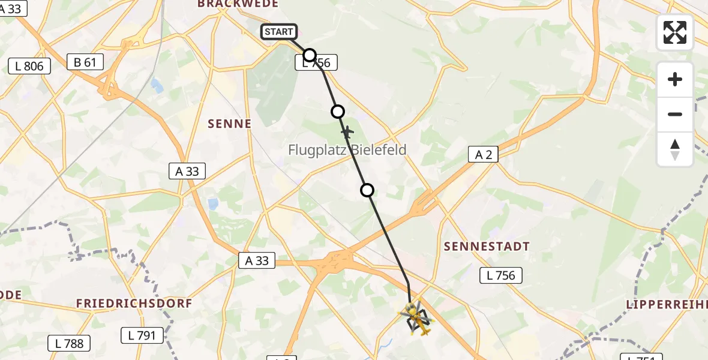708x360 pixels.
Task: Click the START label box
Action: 279,32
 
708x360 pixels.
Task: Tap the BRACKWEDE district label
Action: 238,4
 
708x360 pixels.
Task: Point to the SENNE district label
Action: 229,124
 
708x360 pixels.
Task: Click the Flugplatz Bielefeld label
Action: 347,150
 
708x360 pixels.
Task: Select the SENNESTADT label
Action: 487,247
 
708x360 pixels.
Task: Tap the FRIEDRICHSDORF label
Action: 134,304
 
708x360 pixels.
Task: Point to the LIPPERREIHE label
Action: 667,304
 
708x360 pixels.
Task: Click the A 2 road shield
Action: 484,155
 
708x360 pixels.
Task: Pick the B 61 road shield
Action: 85,62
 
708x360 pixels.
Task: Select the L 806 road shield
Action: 29,66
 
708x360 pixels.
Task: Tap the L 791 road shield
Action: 142,335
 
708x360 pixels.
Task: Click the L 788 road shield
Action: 69,343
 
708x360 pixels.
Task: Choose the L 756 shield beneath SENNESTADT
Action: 502,275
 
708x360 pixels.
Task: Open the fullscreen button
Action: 675,32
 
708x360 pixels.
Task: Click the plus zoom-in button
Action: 675,79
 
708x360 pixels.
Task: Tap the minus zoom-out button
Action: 675,114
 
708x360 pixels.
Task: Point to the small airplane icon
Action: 347,131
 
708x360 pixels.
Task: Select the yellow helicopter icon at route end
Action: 417,319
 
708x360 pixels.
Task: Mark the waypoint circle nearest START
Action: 310,56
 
